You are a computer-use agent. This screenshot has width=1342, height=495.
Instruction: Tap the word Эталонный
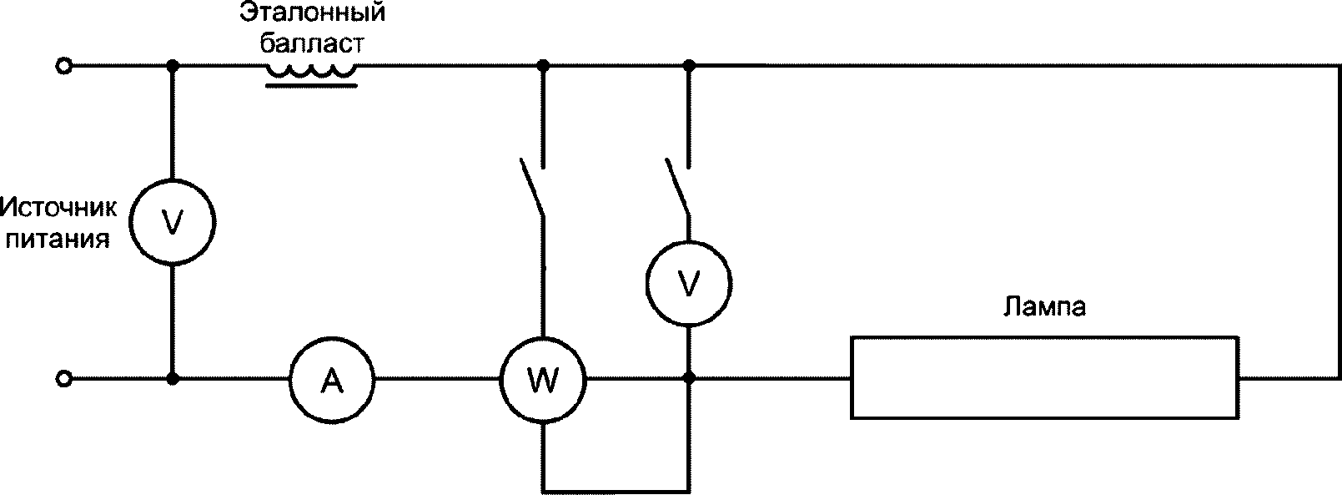[312, 13]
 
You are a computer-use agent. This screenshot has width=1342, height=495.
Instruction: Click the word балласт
[312, 44]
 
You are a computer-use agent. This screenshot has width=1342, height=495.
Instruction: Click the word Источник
[58, 208]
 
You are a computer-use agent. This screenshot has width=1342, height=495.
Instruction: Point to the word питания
[58, 240]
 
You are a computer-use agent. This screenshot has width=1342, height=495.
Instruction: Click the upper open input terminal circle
[64, 65]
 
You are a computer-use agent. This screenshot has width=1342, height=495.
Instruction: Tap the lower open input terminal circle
[64, 379]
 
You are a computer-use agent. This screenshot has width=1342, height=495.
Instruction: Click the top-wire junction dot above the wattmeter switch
[543, 65]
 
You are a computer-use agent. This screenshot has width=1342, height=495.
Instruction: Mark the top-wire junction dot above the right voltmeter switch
[689, 65]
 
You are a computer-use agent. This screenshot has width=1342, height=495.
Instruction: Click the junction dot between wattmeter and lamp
[689, 378]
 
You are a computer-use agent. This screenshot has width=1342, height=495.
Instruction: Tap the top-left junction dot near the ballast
[173, 65]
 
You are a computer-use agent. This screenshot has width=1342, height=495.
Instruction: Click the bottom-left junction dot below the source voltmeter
[173, 379]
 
